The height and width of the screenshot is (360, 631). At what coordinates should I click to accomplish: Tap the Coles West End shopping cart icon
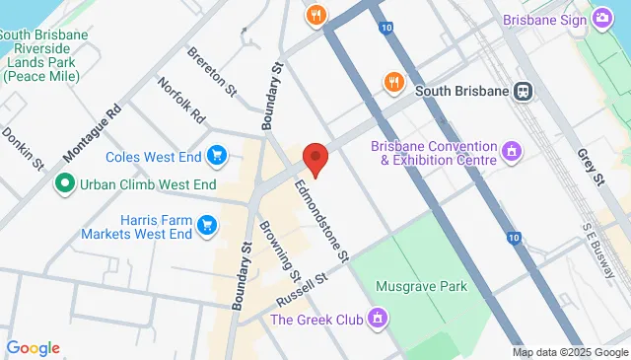[x=217, y=155]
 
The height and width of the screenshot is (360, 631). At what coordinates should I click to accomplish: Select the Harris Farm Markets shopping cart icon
[x=206, y=226]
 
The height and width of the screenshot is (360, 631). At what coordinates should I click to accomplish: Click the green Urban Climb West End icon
[x=65, y=182]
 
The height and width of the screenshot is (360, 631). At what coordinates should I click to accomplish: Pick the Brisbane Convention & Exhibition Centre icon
[x=511, y=151]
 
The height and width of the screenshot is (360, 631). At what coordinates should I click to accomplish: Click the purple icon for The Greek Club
[x=376, y=319]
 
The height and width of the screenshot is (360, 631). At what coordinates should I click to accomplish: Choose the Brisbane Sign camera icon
[x=601, y=19]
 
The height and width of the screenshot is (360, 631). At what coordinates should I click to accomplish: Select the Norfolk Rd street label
[x=180, y=102]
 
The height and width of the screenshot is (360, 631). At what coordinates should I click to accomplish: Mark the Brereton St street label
[x=212, y=71]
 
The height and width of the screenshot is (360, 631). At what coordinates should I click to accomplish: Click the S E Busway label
[x=603, y=247]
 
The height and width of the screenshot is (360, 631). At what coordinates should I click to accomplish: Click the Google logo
[x=33, y=348]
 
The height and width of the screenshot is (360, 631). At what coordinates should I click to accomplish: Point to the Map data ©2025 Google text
[x=569, y=352]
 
